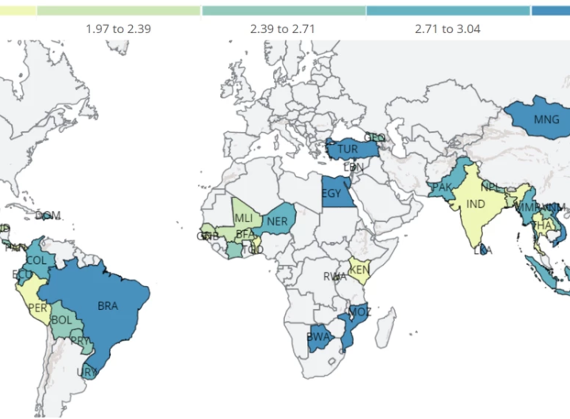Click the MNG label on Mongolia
tap(546, 120)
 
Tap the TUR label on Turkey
tap(348, 149)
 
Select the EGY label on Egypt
tap(332, 191)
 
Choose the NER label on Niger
tap(277, 221)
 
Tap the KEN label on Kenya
tap(359, 270)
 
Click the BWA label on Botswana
tap(317, 337)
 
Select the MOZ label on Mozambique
tap(359, 311)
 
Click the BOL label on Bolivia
tap(60, 320)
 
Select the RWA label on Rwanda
tap(335, 277)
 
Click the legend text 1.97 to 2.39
tap(119, 28)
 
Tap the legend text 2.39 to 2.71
tap(283, 28)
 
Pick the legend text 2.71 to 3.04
tap(447, 28)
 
